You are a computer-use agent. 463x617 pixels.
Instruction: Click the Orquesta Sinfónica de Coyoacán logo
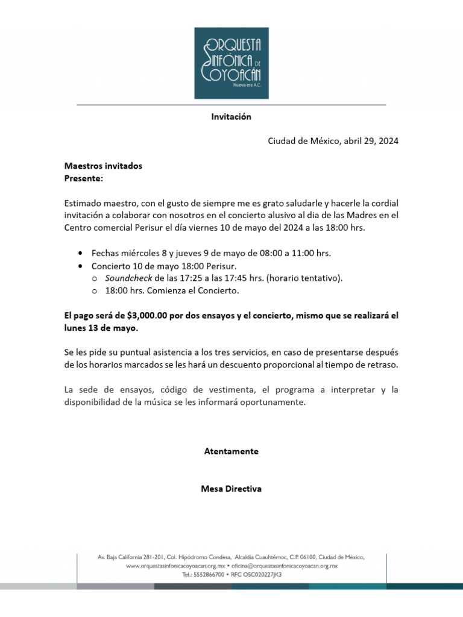[x=231, y=63]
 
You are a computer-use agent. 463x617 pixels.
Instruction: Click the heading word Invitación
[x=231, y=117]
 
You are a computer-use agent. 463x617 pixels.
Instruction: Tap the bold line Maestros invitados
[x=103, y=166]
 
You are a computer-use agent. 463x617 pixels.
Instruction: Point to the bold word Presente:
[x=84, y=178]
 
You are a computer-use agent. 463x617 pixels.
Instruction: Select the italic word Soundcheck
[x=128, y=278]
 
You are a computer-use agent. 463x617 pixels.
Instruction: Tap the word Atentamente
[x=231, y=451]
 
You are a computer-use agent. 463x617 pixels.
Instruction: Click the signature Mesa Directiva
[x=231, y=489]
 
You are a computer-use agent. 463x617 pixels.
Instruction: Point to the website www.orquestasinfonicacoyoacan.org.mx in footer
[x=175, y=566]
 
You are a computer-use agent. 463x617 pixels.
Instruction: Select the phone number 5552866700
[x=210, y=575]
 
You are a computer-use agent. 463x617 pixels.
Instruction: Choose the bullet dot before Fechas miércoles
[x=81, y=253]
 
